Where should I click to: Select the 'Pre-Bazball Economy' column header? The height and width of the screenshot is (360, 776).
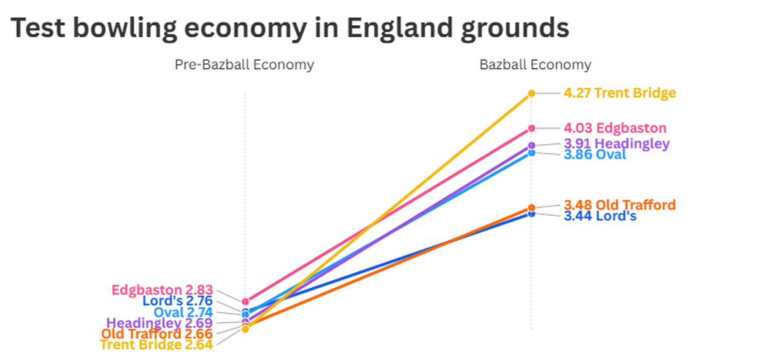[x=244, y=65]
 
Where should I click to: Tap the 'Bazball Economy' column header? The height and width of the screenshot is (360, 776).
[x=535, y=65]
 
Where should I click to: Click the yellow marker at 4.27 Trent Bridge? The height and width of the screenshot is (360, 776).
[x=532, y=93]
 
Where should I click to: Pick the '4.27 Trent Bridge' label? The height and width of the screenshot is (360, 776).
[x=620, y=93]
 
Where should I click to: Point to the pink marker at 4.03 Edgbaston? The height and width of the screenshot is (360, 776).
[x=532, y=128]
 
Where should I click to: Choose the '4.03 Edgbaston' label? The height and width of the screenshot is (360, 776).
[x=614, y=128]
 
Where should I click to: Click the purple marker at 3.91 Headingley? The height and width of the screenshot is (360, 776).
[x=532, y=145]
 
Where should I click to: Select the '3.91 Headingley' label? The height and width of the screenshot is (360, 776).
[x=616, y=143]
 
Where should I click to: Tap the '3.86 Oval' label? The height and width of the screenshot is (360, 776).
[x=594, y=155]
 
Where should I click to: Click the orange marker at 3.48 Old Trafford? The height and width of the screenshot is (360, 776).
[x=532, y=207]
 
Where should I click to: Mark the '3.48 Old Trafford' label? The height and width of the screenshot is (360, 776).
[x=620, y=205]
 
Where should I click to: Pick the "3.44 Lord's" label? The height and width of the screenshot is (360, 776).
[x=599, y=216]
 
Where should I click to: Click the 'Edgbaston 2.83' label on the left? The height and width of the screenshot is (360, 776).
[x=162, y=290]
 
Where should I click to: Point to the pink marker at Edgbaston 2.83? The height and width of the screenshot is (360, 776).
[x=245, y=301]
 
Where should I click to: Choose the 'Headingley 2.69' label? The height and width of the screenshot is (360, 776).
[x=159, y=323]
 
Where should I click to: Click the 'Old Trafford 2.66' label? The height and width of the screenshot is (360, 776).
[x=156, y=334]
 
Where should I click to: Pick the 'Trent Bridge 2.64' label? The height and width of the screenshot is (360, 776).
[x=156, y=344]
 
